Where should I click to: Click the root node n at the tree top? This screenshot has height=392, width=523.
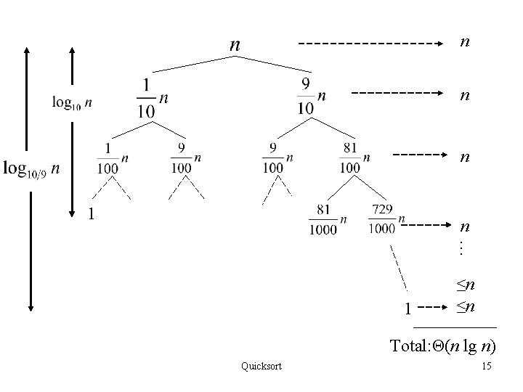click(x=235, y=45)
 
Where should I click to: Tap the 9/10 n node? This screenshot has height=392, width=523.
click(x=311, y=97)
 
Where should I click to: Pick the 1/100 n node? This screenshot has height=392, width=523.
click(x=113, y=158)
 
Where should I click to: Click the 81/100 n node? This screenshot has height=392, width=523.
click(x=355, y=158)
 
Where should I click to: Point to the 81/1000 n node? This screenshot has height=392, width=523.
click(x=328, y=220)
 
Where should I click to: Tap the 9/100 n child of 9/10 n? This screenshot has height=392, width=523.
click(x=278, y=158)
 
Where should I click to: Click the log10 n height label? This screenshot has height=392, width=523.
click(x=72, y=102)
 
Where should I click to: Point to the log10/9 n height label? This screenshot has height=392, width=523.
click(x=32, y=170)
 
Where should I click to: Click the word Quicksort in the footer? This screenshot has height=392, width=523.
click(x=261, y=366)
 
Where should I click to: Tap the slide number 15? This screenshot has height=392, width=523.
click(x=486, y=366)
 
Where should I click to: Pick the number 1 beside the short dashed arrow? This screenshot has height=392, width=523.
click(x=408, y=309)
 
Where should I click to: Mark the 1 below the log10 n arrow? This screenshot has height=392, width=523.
click(x=91, y=213)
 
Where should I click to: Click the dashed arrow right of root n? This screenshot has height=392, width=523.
click(x=373, y=44)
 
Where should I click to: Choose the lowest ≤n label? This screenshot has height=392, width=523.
click(x=466, y=307)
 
